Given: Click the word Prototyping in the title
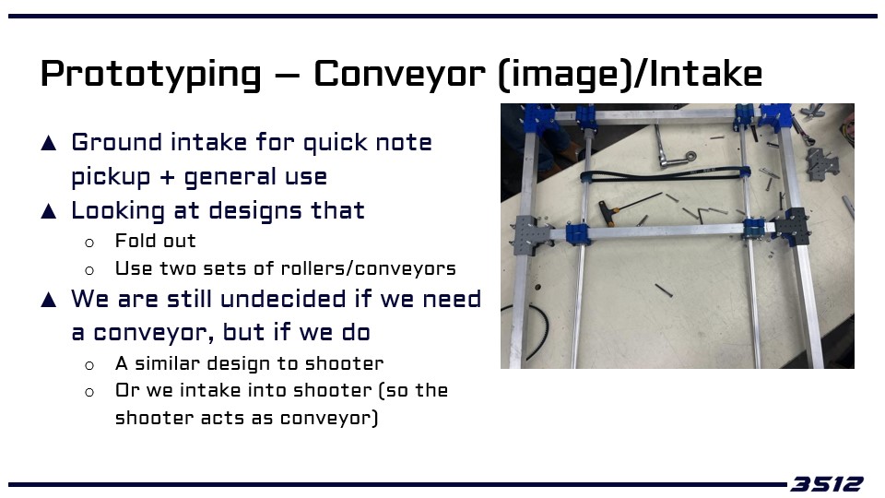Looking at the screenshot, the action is [x=150, y=75].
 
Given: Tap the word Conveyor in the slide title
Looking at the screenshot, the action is [x=399, y=74].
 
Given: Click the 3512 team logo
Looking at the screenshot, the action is [x=826, y=484].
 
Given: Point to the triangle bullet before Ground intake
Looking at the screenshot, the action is [x=49, y=143].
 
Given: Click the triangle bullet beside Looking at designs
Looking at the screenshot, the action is [x=49, y=211].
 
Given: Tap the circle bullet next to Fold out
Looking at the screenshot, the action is [x=89, y=243].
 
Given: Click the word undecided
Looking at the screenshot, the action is [x=283, y=299].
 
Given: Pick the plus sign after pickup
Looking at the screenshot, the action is [x=167, y=177].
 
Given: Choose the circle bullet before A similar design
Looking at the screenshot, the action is [x=89, y=366].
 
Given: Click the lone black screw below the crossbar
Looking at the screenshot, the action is [x=664, y=290].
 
